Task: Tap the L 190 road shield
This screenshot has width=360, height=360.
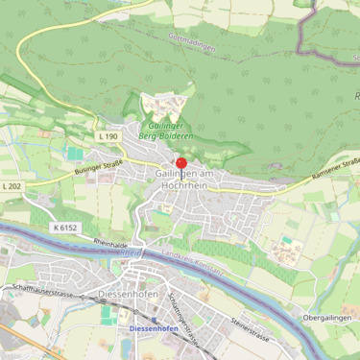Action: click(108, 137)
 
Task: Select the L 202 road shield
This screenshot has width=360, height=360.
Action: click(12, 185)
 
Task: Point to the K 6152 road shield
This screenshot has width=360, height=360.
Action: click(66, 228)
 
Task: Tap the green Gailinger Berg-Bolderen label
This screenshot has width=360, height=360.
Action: click(172, 132)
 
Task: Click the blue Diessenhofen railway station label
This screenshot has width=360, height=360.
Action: click(154, 329)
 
